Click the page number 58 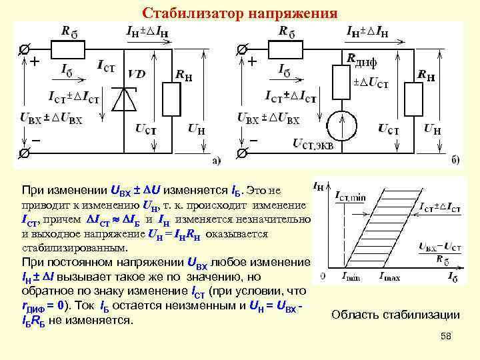tap(446, 337)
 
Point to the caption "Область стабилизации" tap(395, 315)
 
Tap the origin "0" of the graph tap(323, 275)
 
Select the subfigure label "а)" tap(217, 160)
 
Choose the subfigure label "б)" tap(455, 160)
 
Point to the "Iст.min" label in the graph tap(351, 196)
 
